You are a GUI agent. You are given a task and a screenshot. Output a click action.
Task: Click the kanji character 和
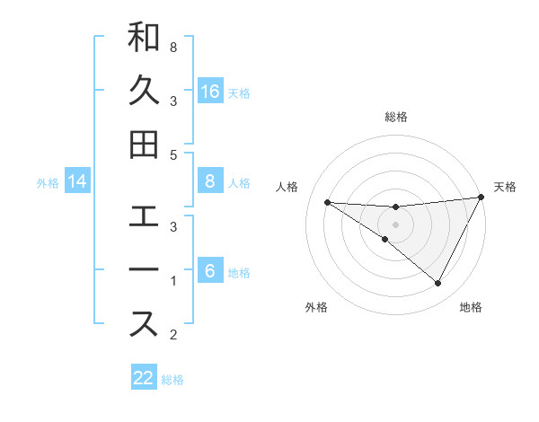(x=144, y=38)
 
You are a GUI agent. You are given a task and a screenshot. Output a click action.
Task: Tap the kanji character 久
(x=144, y=92)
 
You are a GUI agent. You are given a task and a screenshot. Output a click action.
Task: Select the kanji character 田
(x=144, y=145)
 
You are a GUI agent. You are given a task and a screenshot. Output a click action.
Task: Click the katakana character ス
(x=144, y=325)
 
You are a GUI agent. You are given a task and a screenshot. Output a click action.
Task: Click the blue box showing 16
(x=210, y=91)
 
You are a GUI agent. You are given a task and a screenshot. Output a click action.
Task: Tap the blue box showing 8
(x=210, y=182)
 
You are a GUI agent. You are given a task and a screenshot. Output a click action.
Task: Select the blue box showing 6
(x=210, y=272)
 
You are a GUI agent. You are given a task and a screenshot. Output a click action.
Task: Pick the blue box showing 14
(x=77, y=182)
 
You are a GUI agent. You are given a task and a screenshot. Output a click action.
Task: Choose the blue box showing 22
(x=144, y=378)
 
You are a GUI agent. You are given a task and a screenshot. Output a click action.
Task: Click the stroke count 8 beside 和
(x=172, y=46)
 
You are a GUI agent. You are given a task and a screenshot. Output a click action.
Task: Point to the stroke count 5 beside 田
(x=172, y=154)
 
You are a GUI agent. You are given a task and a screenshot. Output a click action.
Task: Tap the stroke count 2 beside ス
(x=172, y=335)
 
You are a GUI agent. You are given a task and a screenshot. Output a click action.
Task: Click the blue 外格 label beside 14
(x=48, y=183)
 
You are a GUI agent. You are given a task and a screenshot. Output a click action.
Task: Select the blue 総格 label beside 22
(x=172, y=380)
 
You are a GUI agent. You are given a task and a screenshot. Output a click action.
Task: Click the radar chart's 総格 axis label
(x=396, y=117)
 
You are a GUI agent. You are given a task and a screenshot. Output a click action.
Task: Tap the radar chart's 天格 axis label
(x=506, y=187)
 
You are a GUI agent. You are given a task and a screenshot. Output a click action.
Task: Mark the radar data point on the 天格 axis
(x=482, y=198)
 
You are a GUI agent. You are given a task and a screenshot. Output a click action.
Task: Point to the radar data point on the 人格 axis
(x=327, y=202)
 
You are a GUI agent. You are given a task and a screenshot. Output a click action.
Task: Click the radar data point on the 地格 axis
(x=438, y=284)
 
